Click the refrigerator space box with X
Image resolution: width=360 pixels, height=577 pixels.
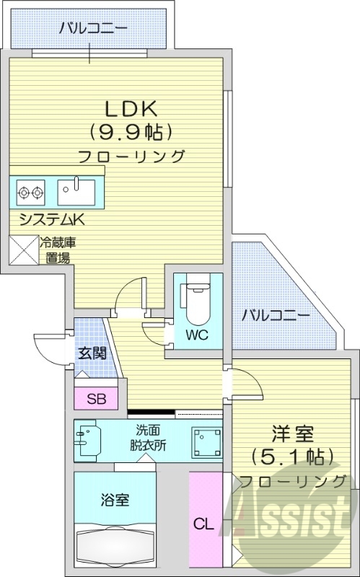tap(23, 250)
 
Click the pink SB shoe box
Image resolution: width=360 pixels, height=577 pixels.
tap(95, 399)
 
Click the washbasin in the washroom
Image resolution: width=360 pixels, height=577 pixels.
tap(87, 439)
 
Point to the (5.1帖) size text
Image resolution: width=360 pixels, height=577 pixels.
tap(291, 457)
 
